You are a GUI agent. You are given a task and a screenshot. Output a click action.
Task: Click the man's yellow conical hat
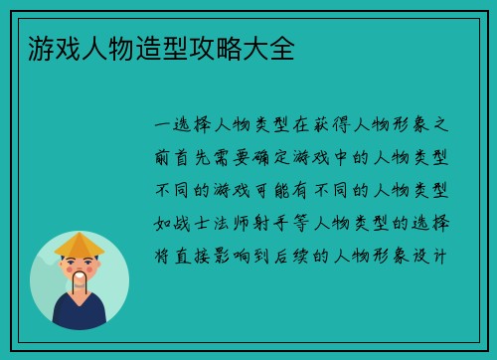[79, 243]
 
